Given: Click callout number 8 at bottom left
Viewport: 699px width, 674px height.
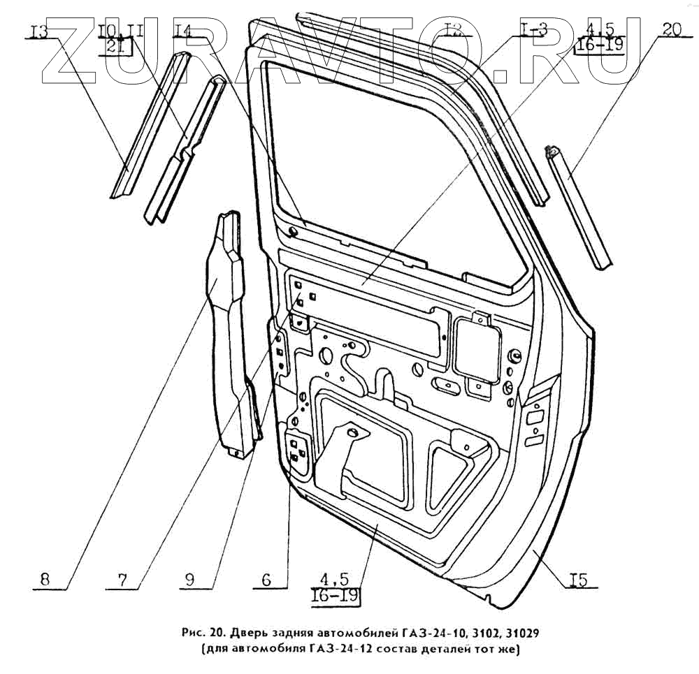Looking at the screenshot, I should [x=45, y=579].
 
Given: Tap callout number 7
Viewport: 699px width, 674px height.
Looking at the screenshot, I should [x=123, y=579].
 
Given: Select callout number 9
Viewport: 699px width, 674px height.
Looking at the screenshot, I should [x=190, y=579].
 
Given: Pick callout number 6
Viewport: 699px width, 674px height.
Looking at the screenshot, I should [x=266, y=579].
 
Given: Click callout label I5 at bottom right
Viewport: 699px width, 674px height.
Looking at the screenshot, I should [x=577, y=580].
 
